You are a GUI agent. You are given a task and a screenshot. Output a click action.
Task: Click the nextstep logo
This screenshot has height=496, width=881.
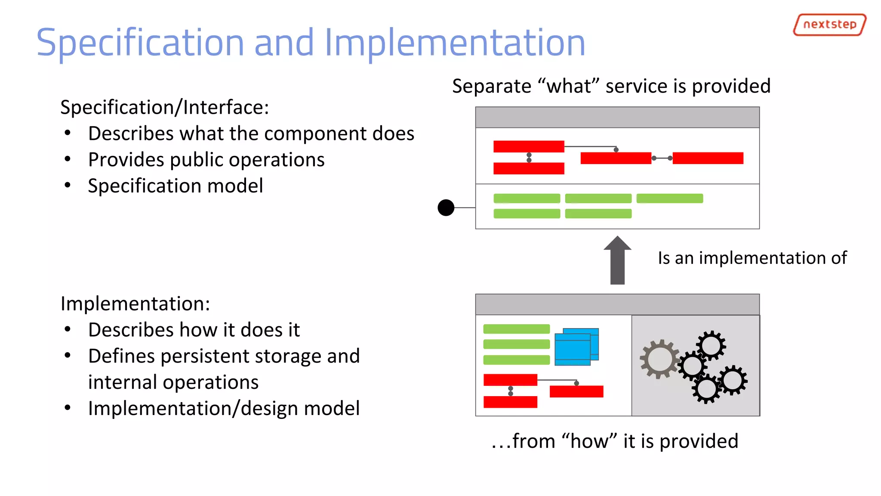coord(829,25)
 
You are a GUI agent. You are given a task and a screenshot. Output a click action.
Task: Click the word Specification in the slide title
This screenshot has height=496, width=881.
coord(140,43)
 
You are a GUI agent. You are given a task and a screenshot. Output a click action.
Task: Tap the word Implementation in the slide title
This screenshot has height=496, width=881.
coord(455,43)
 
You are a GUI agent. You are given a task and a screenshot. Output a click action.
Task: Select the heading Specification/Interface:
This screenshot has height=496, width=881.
coord(164,107)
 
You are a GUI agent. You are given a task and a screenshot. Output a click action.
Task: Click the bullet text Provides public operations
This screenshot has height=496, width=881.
coord(206,160)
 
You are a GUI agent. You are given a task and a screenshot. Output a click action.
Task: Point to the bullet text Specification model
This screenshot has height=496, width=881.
coord(175,186)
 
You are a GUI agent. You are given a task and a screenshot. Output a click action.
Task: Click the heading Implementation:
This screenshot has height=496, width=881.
coord(135,304)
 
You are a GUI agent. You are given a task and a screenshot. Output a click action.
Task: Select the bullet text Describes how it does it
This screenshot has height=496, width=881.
coord(194,330)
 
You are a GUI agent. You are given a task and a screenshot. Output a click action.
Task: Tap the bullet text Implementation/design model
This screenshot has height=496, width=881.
coord(224,408)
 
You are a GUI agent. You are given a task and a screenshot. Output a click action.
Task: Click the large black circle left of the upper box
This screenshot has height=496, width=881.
coord(446,208)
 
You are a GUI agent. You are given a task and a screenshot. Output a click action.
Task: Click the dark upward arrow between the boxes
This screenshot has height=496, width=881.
coord(617,260)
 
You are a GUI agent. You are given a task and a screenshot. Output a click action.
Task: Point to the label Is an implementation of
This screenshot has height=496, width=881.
coord(752,258)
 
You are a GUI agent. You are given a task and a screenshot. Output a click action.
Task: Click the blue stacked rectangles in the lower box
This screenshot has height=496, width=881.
coord(576,347)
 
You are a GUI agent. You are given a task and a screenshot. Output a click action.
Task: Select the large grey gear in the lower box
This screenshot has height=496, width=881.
coord(659,359)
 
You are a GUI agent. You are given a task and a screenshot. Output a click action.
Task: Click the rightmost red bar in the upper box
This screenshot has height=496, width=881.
coord(708,158)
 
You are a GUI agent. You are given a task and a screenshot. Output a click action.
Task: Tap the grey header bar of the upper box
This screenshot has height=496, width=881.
coord(617,117)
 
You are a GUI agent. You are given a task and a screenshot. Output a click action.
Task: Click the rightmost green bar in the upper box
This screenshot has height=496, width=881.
coord(669,198)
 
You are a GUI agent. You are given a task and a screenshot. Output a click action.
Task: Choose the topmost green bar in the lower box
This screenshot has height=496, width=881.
coord(516,329)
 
